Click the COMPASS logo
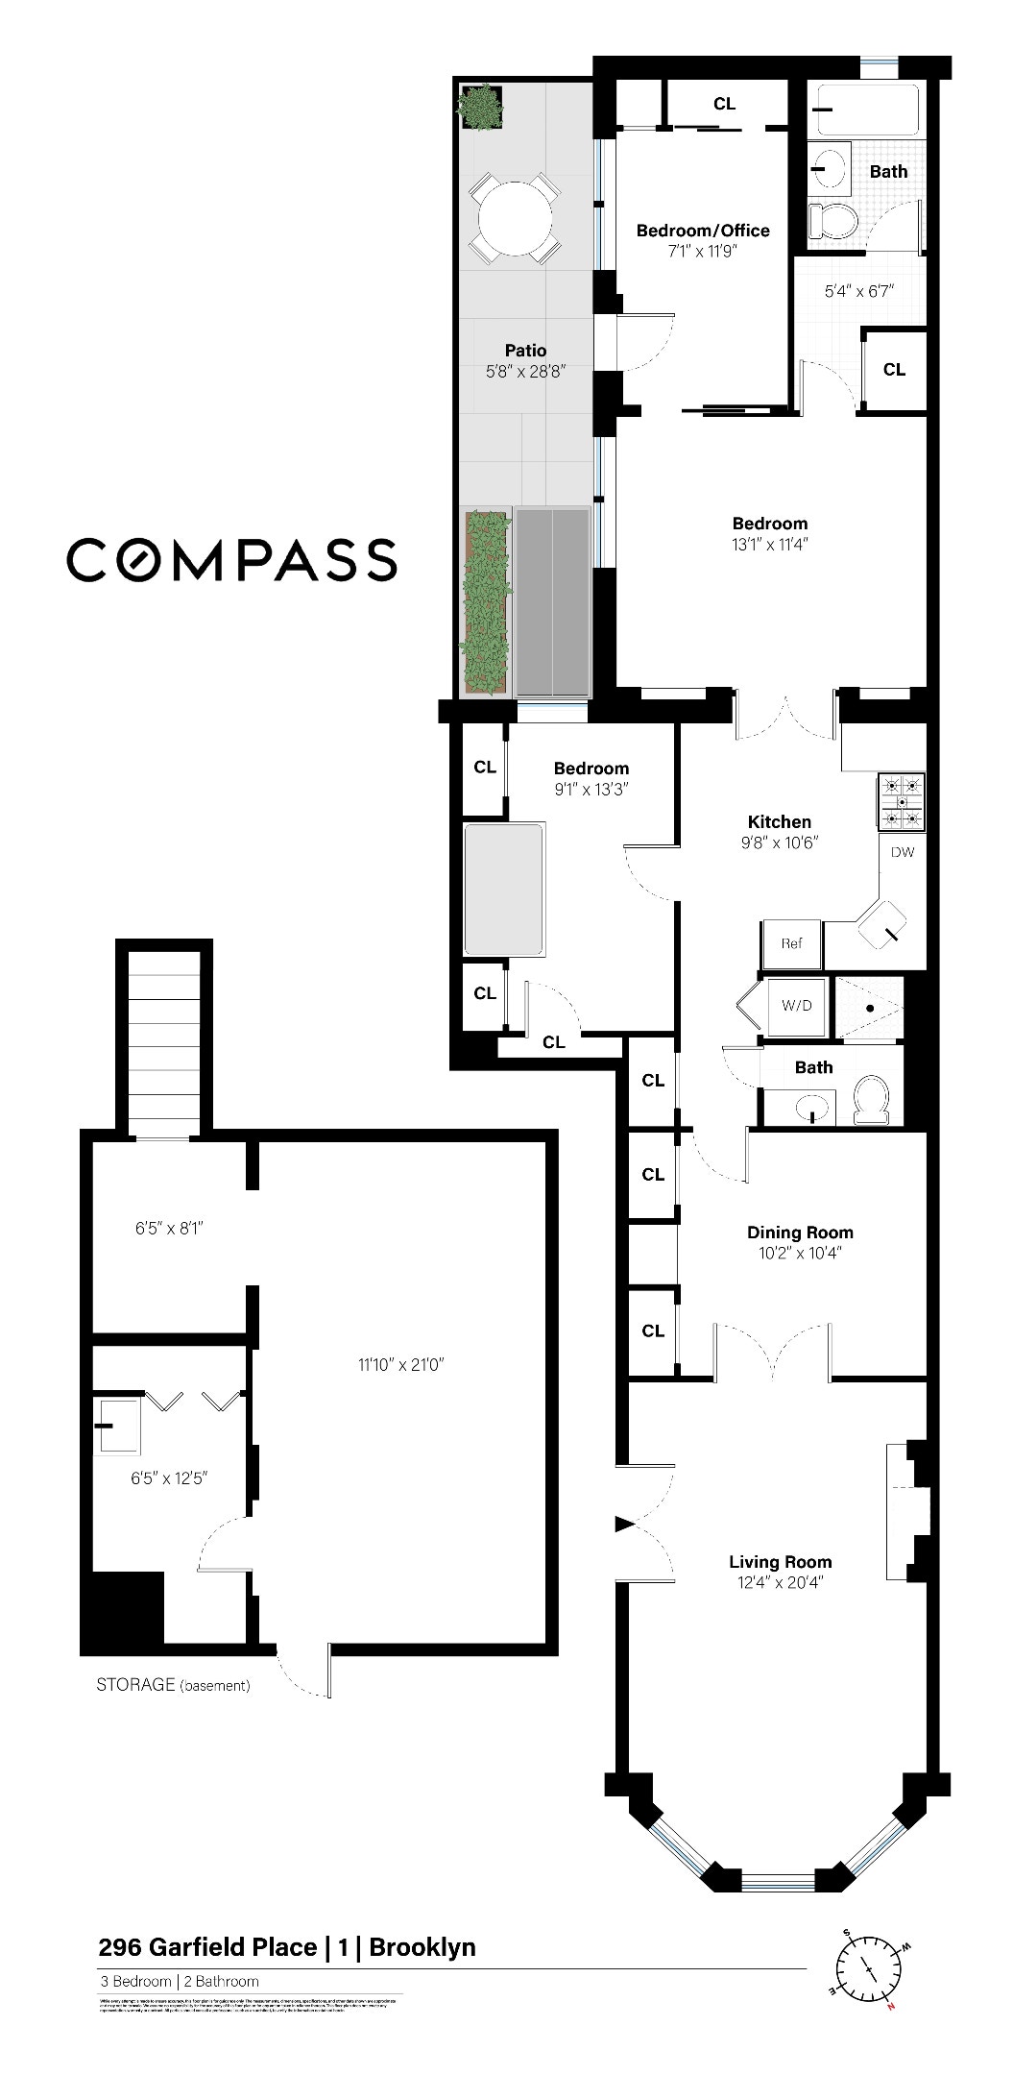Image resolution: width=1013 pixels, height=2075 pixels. pos(231,559)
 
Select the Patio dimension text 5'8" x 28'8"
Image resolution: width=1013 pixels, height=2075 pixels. pos(525,372)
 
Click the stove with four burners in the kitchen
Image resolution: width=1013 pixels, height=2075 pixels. pos(901,801)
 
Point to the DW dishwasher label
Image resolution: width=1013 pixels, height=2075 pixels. pos(902,852)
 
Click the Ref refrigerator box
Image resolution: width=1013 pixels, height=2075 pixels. pos(791,943)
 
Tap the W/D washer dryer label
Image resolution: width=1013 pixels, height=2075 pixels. pos(796,1006)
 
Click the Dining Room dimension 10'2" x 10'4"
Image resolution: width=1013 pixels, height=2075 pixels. pos(800,1253)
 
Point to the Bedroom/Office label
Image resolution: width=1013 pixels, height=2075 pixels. pos(703,231)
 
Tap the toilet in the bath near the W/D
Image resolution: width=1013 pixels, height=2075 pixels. pos(873,1098)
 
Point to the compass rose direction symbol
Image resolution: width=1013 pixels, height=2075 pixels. pos(868,1969)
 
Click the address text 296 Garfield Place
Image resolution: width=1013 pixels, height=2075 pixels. pos(207,1947)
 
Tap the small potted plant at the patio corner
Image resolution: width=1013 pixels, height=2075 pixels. pos(479,106)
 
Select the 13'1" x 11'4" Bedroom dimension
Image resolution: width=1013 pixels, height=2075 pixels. pos(769,544)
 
